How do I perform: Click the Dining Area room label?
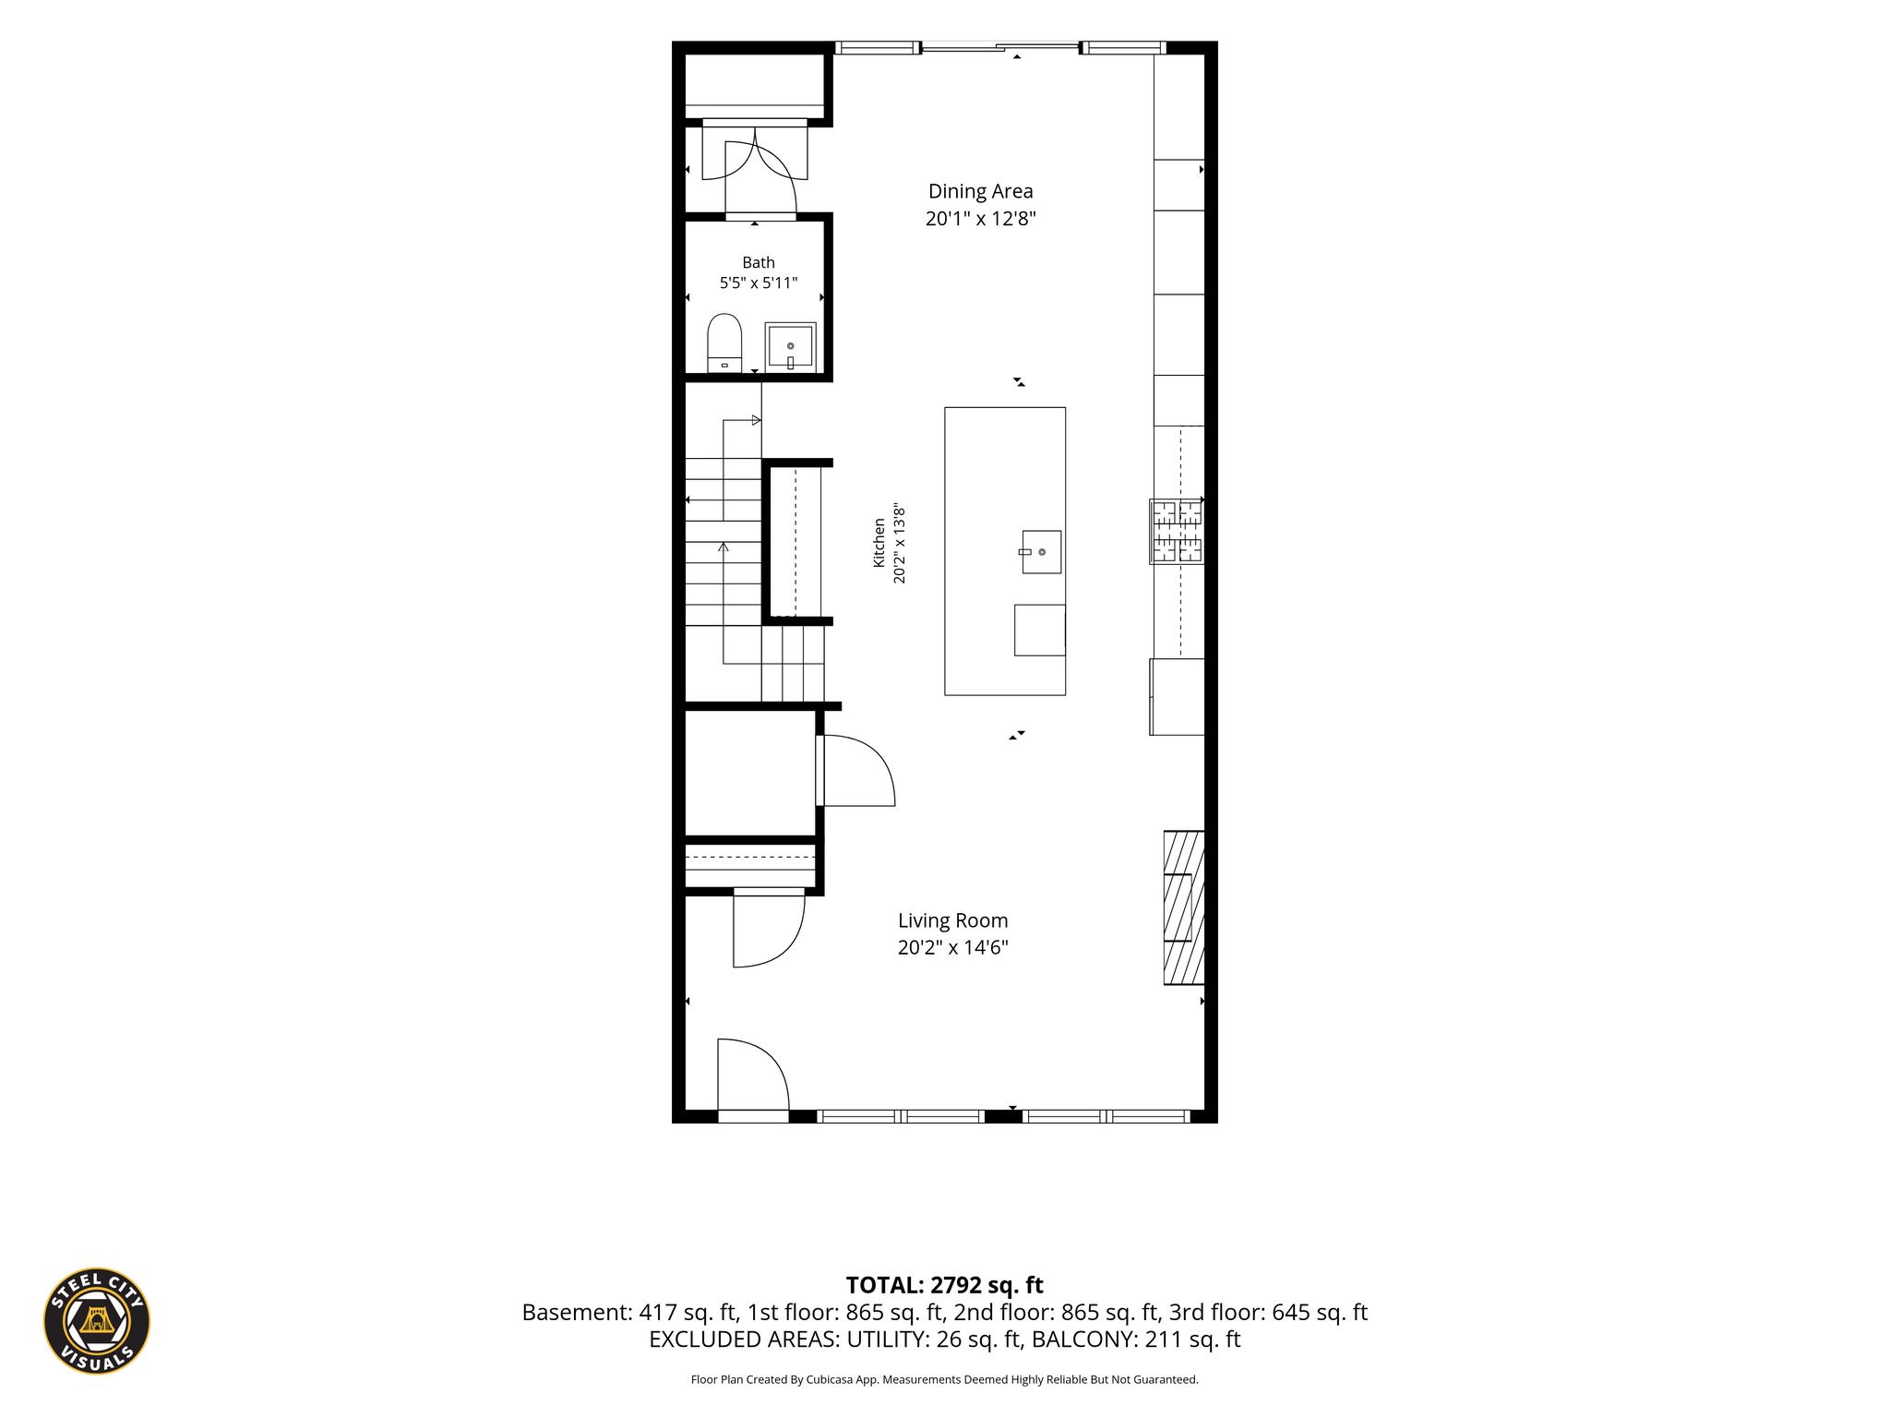[x=980, y=191]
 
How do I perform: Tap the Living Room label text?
[x=952, y=920]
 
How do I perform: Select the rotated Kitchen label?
[x=879, y=543]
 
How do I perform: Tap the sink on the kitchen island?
[x=1041, y=552]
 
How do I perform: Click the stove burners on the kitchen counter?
[x=1177, y=531]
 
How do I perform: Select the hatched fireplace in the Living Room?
[x=1184, y=907]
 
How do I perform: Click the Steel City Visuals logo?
[x=97, y=1320]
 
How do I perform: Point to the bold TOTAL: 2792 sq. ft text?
[x=944, y=1285]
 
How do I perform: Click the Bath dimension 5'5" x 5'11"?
[x=759, y=282]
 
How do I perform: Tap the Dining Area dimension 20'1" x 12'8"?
[x=980, y=219]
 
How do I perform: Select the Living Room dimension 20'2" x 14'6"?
[x=952, y=947]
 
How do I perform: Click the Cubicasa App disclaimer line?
[x=944, y=1380]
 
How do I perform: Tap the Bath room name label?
[x=759, y=263]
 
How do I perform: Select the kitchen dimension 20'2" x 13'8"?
[x=899, y=543]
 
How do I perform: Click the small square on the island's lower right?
[x=1040, y=631]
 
